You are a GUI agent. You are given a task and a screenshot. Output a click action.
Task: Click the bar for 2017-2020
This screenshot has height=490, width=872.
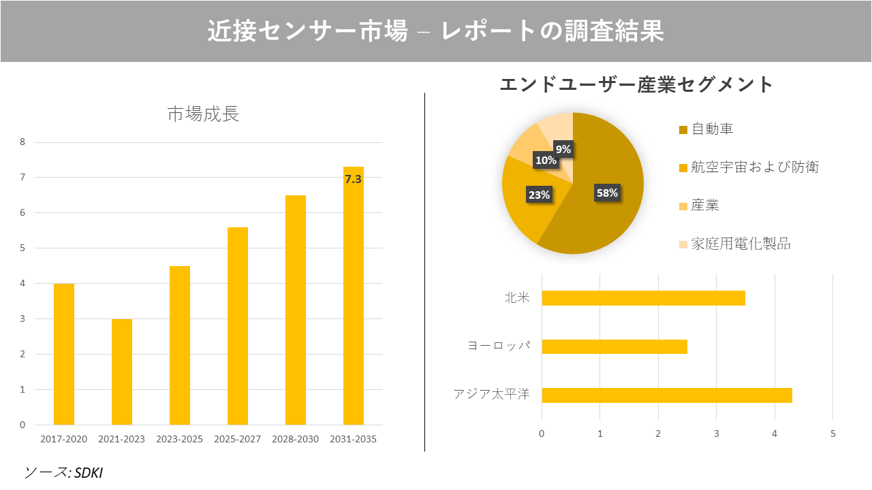(64, 354)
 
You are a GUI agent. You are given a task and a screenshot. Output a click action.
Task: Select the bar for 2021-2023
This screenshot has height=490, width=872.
(122, 372)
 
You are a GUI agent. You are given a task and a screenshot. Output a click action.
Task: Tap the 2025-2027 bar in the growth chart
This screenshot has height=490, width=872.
(238, 326)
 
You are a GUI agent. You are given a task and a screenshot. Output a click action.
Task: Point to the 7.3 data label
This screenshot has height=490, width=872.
(353, 180)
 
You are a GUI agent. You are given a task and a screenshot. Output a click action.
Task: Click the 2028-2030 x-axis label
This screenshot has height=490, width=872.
(295, 439)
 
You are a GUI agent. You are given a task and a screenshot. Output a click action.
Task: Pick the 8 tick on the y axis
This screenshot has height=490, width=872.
(22, 142)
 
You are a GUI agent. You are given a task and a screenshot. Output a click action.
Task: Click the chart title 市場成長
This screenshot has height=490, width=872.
(204, 114)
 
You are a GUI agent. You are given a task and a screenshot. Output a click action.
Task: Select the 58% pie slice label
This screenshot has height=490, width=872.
(606, 193)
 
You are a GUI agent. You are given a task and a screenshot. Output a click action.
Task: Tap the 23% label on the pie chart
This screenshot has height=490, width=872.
(539, 195)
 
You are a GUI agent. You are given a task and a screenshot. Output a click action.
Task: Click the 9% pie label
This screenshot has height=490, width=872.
(563, 149)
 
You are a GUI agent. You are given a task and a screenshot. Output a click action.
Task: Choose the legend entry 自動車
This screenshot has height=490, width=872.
(712, 129)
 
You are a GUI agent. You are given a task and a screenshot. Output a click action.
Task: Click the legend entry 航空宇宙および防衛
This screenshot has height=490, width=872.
(754, 167)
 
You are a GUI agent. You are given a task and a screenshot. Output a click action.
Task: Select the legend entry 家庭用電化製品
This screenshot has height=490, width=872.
(741, 244)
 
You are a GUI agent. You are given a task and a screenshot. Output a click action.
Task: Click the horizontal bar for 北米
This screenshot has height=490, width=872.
(643, 298)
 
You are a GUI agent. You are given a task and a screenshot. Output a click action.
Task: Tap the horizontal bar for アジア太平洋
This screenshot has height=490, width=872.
(666, 395)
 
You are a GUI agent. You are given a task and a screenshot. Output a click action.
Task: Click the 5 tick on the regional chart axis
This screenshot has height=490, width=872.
(832, 434)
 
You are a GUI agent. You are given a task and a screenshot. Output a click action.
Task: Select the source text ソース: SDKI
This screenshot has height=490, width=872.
(63, 472)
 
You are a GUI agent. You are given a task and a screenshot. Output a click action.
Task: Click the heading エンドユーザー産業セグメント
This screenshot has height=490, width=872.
(636, 84)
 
